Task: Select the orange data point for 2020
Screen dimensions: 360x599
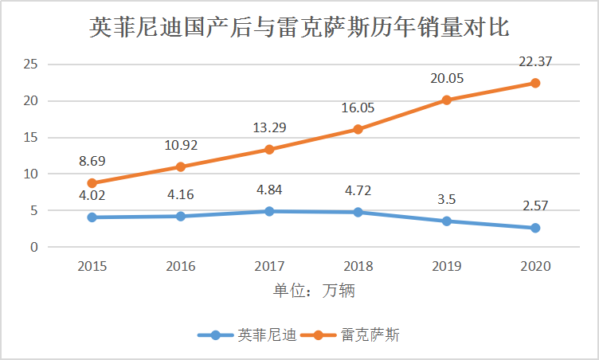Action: point(535,83)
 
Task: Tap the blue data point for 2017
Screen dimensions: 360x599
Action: point(269,211)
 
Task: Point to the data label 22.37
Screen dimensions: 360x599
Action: point(535,61)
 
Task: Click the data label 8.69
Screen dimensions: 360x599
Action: point(92,161)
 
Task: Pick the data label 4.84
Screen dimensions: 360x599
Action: point(269,190)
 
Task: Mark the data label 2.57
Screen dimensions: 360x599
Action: point(535,206)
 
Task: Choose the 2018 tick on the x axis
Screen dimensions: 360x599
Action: point(358,266)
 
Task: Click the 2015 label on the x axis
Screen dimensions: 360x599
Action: point(92,266)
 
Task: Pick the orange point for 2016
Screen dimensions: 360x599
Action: point(181,166)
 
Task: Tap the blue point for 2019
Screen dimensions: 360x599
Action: point(447,221)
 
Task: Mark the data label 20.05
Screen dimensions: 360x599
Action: point(447,78)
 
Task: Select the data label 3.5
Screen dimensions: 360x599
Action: point(447,199)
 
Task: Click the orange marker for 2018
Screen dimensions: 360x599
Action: point(358,129)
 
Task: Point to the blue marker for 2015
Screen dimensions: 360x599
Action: point(92,217)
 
